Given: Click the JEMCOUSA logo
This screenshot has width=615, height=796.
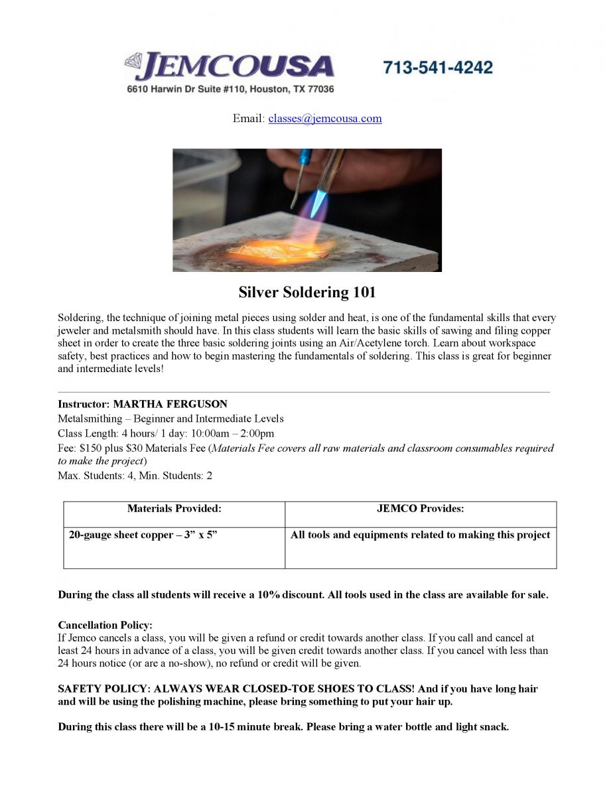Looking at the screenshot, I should (230, 67).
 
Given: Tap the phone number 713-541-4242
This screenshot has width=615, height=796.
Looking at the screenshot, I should (438, 68).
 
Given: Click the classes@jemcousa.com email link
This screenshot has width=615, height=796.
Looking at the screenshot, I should (325, 119).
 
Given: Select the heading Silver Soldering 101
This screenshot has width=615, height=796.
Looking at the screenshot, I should (307, 293).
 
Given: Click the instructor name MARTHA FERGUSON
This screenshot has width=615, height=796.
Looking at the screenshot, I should (170, 404).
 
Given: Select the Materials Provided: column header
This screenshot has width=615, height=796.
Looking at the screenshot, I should (174, 509).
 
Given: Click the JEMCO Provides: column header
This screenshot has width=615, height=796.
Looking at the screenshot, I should (421, 509).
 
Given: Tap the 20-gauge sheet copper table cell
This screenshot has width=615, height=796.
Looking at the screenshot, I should (143, 535).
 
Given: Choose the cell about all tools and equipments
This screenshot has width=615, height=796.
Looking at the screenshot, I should (421, 535).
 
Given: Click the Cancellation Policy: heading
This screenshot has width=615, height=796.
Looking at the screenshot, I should (105, 626).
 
